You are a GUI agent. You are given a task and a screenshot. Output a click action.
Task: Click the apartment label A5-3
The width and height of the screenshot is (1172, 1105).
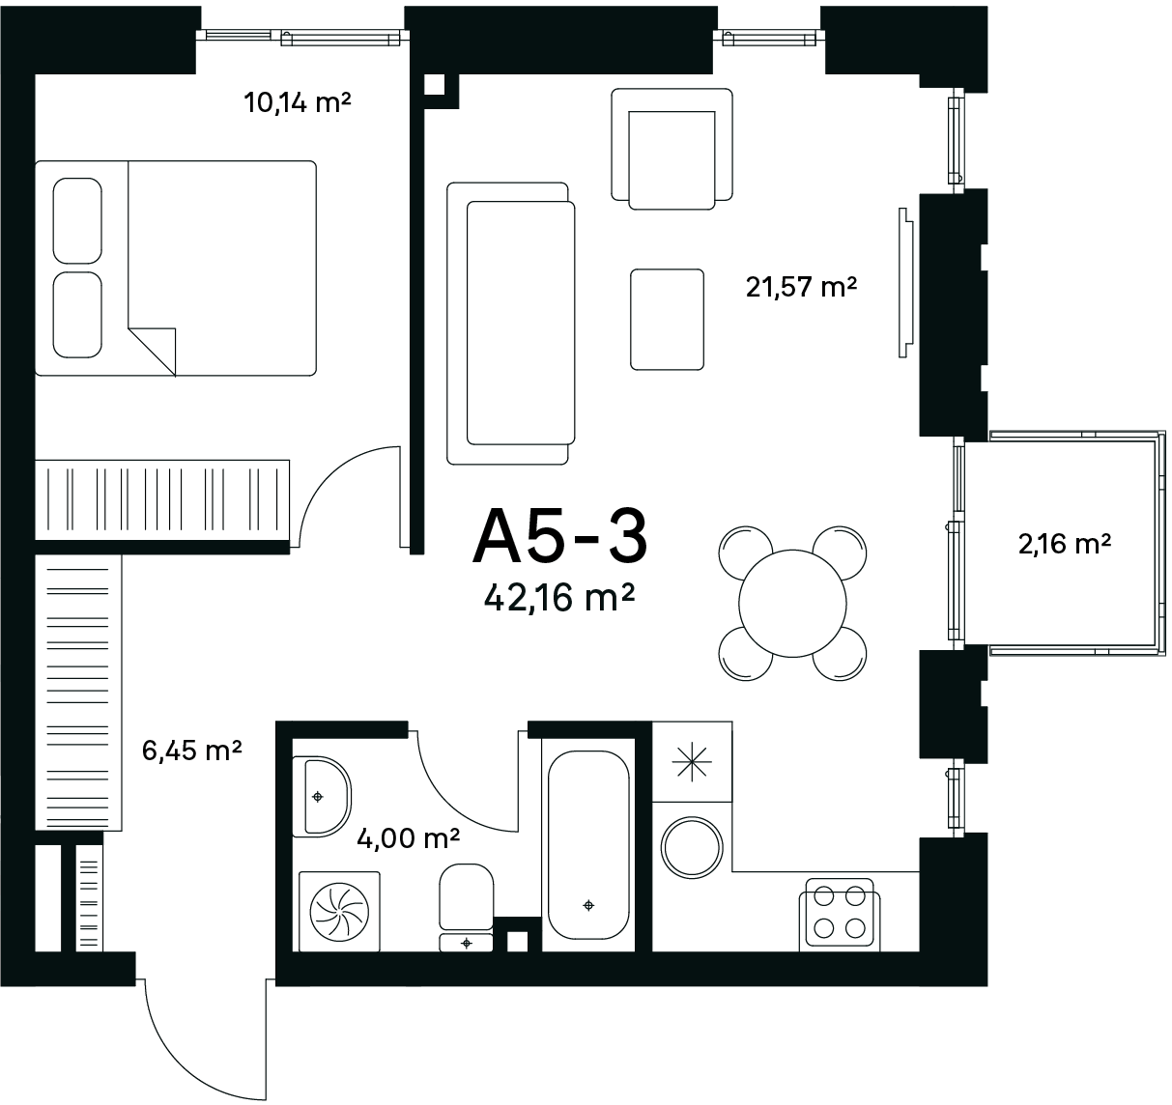[560, 537]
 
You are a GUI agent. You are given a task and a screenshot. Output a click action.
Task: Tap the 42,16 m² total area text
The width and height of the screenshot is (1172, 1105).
[558, 598]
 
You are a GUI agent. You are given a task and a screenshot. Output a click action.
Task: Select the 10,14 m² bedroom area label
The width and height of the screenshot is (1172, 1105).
[298, 102]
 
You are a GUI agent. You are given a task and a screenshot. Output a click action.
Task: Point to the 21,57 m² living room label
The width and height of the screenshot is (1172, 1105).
[801, 287]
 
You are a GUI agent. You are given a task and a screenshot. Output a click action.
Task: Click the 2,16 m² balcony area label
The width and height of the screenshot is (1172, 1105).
[1065, 544]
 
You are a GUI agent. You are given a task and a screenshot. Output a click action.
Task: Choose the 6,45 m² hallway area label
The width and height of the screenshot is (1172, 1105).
[192, 751]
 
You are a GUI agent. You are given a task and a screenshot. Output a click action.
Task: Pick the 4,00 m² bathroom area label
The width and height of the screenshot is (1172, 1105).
[408, 837]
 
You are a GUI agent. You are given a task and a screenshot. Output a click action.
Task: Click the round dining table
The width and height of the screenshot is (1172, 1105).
[792, 603]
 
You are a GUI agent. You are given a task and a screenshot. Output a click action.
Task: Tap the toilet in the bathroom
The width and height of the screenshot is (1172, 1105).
[467, 907]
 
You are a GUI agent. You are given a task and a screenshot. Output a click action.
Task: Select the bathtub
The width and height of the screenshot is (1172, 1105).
[588, 845]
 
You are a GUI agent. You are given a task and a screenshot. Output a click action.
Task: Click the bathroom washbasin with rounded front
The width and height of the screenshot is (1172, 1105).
[322, 797]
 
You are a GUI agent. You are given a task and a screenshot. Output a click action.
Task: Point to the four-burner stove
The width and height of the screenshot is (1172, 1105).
[840, 915]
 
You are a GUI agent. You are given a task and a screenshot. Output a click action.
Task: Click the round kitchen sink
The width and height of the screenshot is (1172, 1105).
[692, 847]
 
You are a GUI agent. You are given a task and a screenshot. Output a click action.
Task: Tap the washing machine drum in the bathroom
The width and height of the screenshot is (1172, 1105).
[339, 912]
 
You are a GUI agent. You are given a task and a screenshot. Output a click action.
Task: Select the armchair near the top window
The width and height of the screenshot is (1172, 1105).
[672, 149]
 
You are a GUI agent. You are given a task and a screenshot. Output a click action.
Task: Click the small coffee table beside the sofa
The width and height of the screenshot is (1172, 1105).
[667, 319]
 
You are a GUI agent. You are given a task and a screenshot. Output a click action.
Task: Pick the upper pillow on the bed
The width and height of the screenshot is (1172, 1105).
[77, 220]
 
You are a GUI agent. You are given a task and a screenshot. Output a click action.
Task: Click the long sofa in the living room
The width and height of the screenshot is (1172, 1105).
[510, 324]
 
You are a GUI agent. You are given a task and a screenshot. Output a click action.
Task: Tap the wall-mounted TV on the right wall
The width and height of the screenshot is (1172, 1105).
[906, 283]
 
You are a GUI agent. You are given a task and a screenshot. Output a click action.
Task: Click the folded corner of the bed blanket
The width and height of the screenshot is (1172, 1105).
[153, 352]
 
